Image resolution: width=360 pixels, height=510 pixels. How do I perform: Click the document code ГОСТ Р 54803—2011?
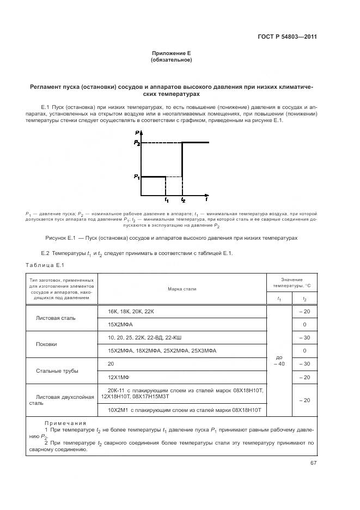[287, 37]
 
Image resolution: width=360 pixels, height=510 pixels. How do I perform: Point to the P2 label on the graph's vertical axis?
[137, 143]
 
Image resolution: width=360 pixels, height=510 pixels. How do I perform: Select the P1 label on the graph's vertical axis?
[137, 177]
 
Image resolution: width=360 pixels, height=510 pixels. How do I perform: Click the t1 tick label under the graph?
[167, 201]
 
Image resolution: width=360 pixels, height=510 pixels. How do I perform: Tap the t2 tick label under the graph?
[182, 201]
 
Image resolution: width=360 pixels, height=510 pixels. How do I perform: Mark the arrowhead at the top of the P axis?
[141, 133]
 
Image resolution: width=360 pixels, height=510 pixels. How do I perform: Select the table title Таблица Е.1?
[45, 265]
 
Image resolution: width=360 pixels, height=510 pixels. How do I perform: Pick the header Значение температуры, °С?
[291, 282]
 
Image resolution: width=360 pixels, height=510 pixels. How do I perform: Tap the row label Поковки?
[46, 344]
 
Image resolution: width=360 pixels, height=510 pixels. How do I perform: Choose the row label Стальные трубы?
[57, 371]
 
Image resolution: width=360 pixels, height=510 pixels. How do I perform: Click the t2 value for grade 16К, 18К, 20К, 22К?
[304, 311]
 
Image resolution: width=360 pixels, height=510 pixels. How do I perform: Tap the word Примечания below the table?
[63, 423]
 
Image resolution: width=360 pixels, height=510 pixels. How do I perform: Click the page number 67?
[313, 463]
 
